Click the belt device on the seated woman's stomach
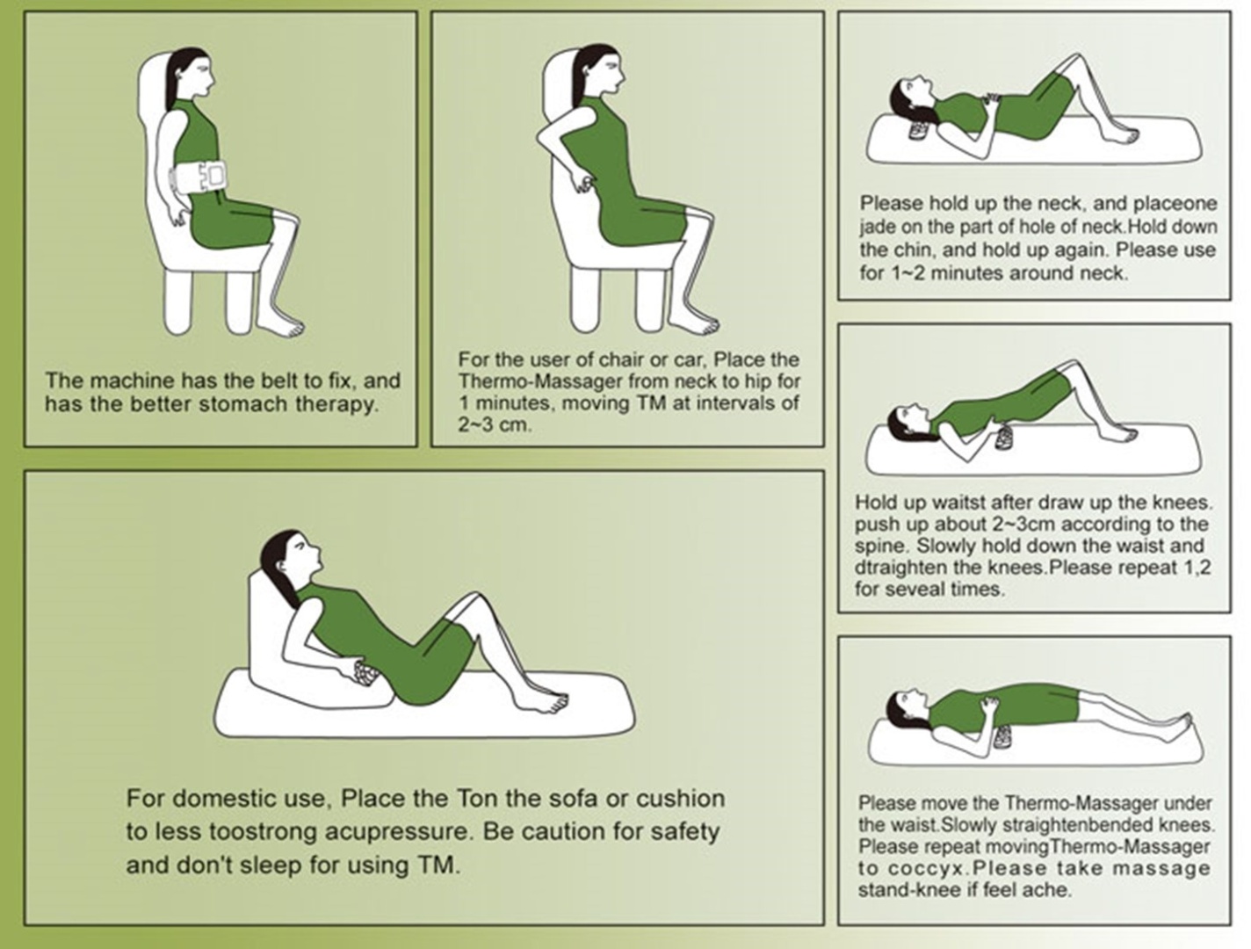[199, 177]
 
